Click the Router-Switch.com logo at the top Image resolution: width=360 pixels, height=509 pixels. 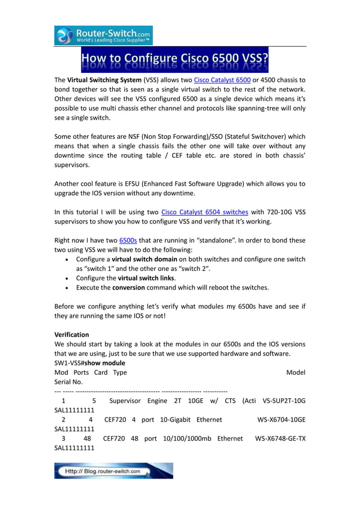click(103, 36)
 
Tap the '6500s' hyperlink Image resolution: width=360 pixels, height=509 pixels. click(128, 240)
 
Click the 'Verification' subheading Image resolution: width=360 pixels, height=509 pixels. click(72, 335)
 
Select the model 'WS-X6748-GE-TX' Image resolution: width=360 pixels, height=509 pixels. click(280, 438)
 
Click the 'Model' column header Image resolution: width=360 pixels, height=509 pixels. click(296, 372)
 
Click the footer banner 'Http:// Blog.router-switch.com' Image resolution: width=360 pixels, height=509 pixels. click(113, 471)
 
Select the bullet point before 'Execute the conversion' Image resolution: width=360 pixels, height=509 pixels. click(68, 287)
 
